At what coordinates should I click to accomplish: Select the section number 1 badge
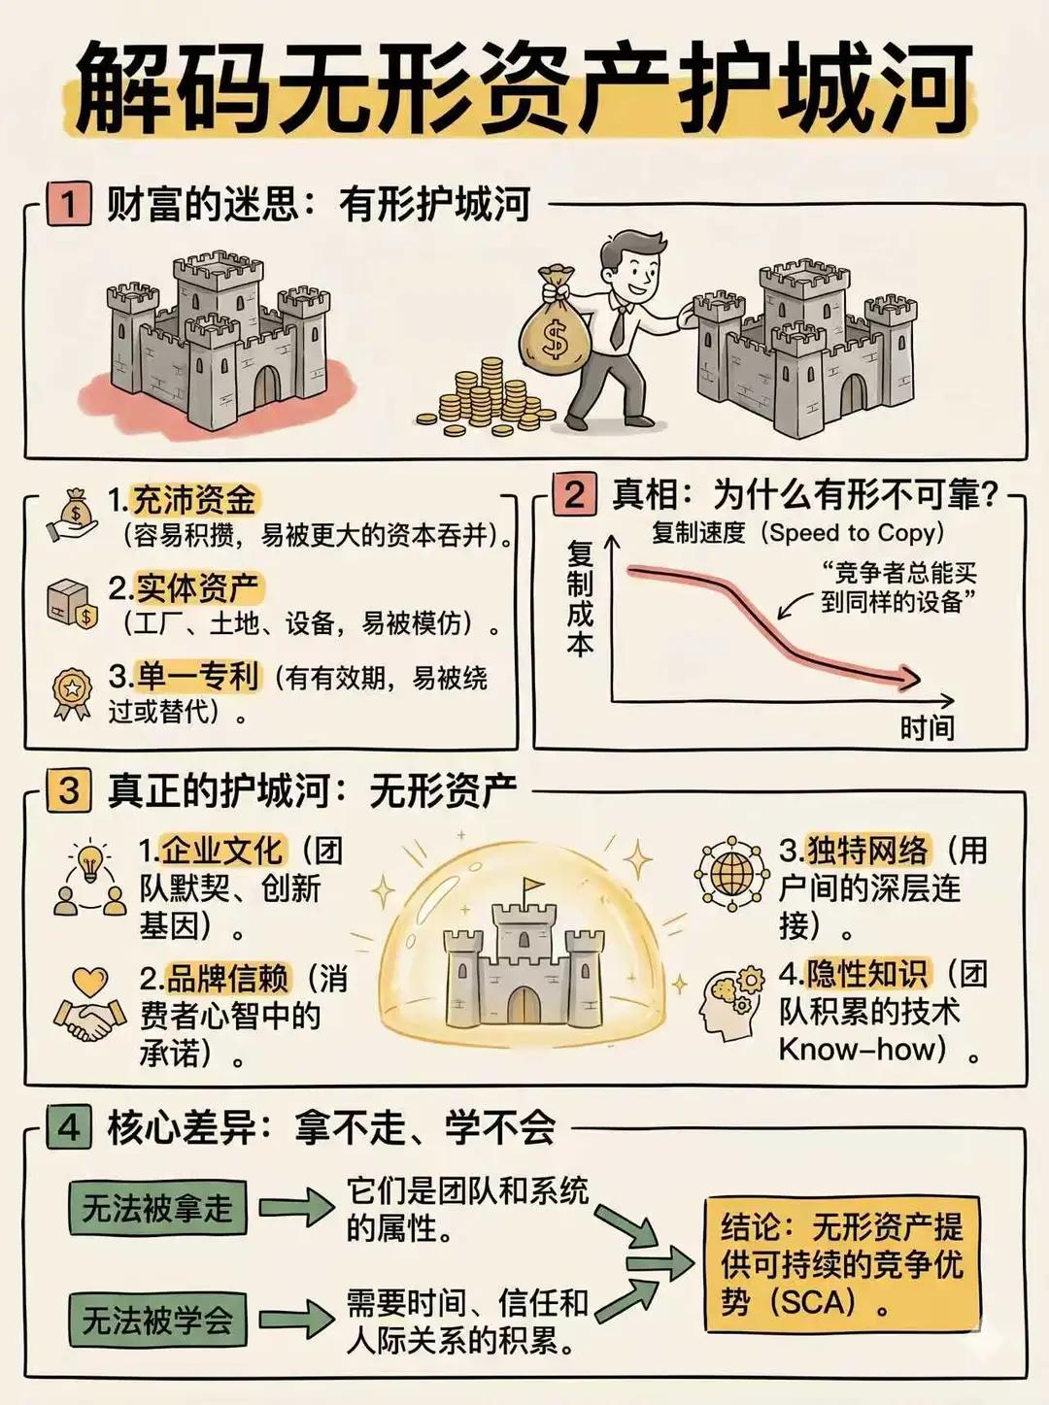69,205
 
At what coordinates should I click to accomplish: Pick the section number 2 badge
574,494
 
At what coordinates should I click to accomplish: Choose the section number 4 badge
69,1127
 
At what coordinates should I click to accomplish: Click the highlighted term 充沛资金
194,500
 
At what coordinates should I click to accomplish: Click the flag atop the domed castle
531,886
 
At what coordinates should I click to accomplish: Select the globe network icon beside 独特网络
731,874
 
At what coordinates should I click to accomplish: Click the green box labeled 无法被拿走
157,1208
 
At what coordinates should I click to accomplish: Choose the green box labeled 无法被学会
157,1320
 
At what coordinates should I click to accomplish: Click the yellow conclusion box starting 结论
841,1263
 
